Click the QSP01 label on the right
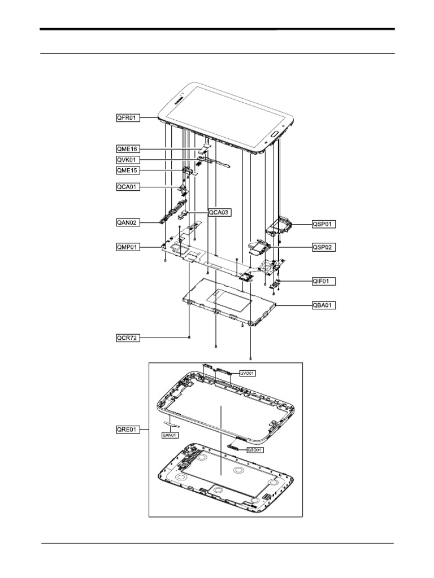coord(324,224)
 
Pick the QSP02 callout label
coord(324,247)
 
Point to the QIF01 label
coord(324,281)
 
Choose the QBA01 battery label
coord(324,305)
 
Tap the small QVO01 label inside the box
coord(248,373)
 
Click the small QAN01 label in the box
coord(170,435)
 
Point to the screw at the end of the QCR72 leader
coord(189,338)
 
